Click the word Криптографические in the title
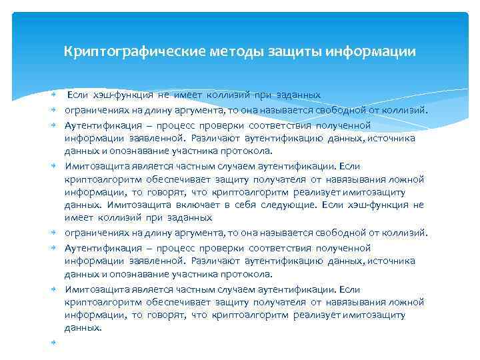(121, 51)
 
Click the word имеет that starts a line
(77, 217)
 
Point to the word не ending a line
(418, 205)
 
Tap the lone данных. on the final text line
(83, 327)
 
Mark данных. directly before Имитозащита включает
(83, 205)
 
